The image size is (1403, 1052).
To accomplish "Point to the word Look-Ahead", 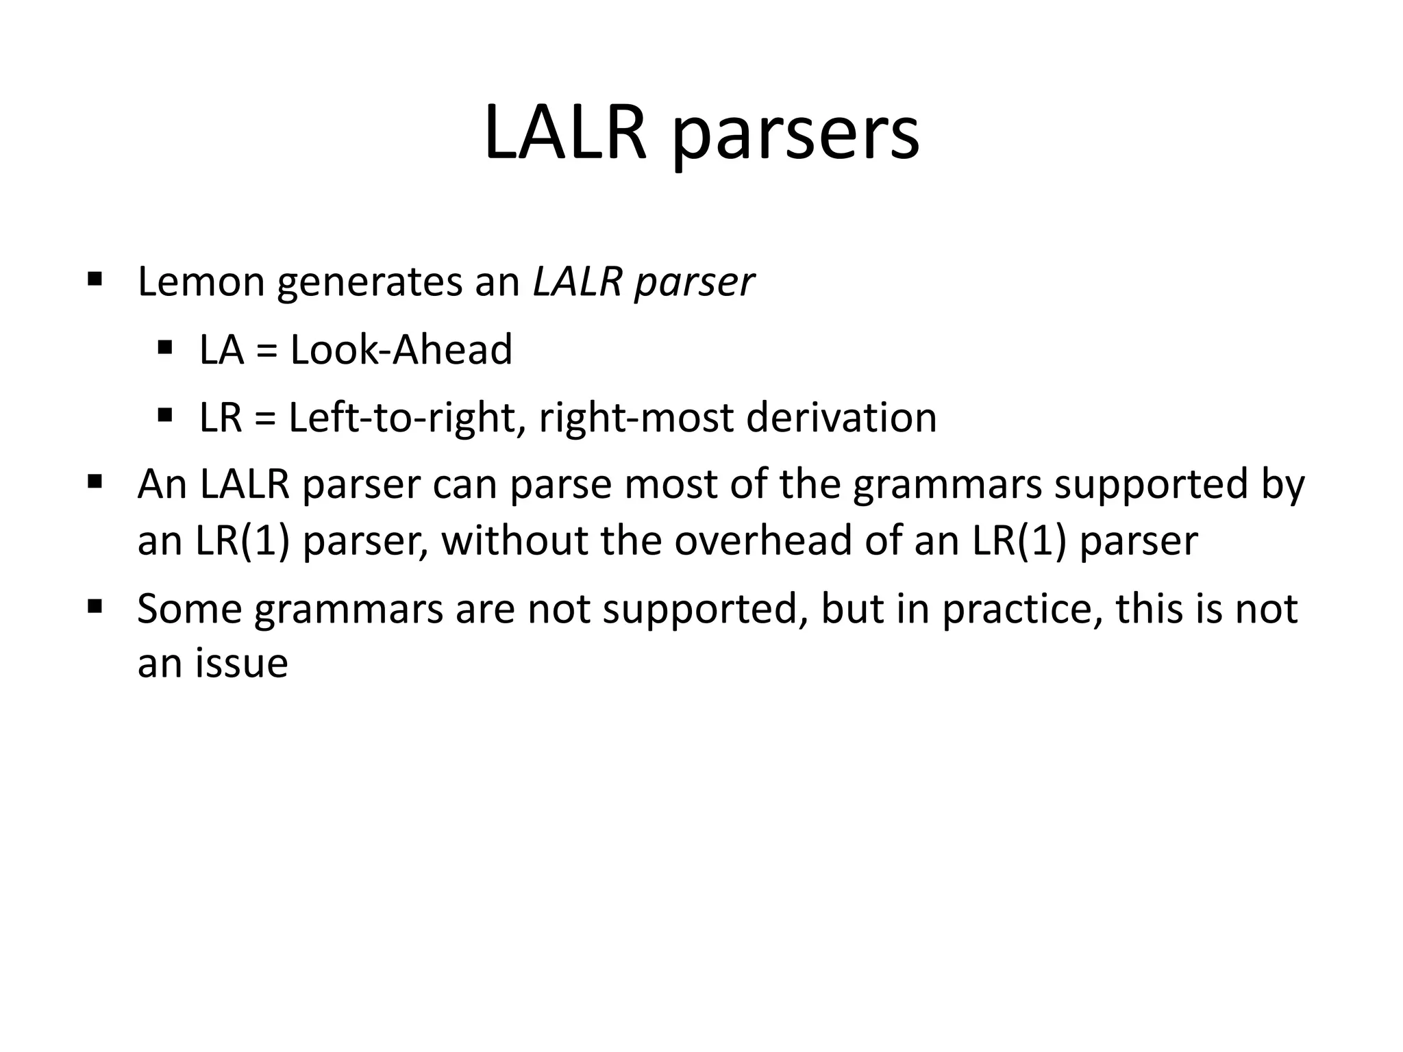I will click(x=401, y=349).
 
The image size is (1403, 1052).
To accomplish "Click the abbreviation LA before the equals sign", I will click(x=221, y=349).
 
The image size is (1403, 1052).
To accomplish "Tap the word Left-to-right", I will click(x=401, y=418).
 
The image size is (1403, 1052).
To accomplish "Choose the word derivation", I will click(x=841, y=418).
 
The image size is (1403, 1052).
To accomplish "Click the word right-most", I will click(x=636, y=419).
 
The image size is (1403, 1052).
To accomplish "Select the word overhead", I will click(x=762, y=540).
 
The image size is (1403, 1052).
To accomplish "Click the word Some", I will click(x=190, y=608).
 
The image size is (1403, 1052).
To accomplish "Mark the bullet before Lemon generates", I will click(x=95, y=279).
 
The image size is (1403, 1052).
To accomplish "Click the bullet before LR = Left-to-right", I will click(x=164, y=415).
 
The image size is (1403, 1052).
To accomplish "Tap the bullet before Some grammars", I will click(x=95, y=606).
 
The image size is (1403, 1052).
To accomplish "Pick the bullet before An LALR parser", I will click(x=95, y=482).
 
